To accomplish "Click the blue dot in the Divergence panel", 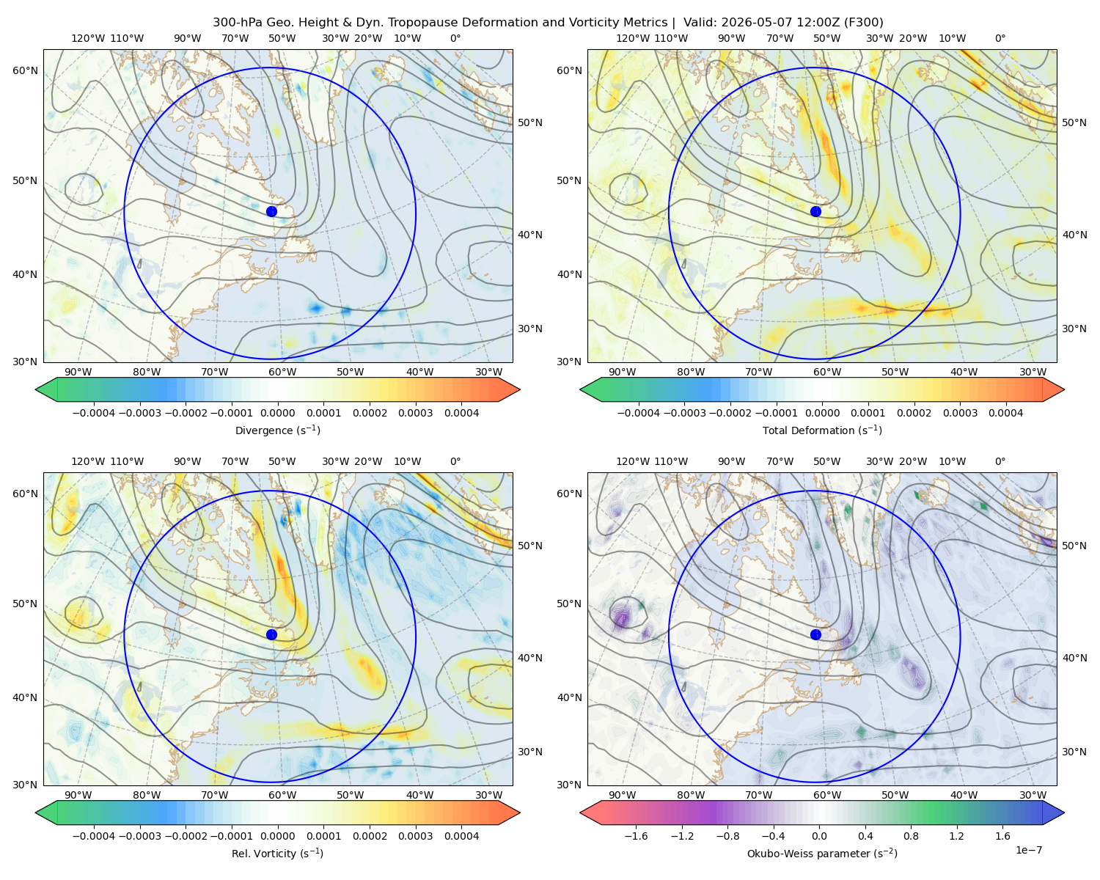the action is click(x=271, y=211).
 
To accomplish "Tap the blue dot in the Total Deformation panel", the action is click(x=815, y=211).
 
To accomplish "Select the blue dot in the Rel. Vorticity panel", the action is click(x=271, y=634).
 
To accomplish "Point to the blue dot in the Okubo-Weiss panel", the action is click(x=815, y=634).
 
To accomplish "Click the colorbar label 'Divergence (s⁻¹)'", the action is click(x=277, y=430).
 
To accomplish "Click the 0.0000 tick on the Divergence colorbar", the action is click(x=277, y=413).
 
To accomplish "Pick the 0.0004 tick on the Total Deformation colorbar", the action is click(x=1005, y=413).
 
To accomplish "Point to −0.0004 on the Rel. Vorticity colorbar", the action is click(x=94, y=836).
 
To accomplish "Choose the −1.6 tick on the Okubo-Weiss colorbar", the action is click(x=636, y=836).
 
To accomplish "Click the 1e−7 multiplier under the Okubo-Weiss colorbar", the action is click(x=1028, y=850).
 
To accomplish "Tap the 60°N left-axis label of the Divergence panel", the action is click(x=25, y=70).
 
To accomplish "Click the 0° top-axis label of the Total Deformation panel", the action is click(x=1000, y=38).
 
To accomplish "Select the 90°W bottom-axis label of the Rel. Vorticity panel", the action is click(x=78, y=795).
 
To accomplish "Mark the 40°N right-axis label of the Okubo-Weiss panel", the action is click(x=1074, y=658).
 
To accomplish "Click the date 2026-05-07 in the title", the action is click(x=752, y=23).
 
